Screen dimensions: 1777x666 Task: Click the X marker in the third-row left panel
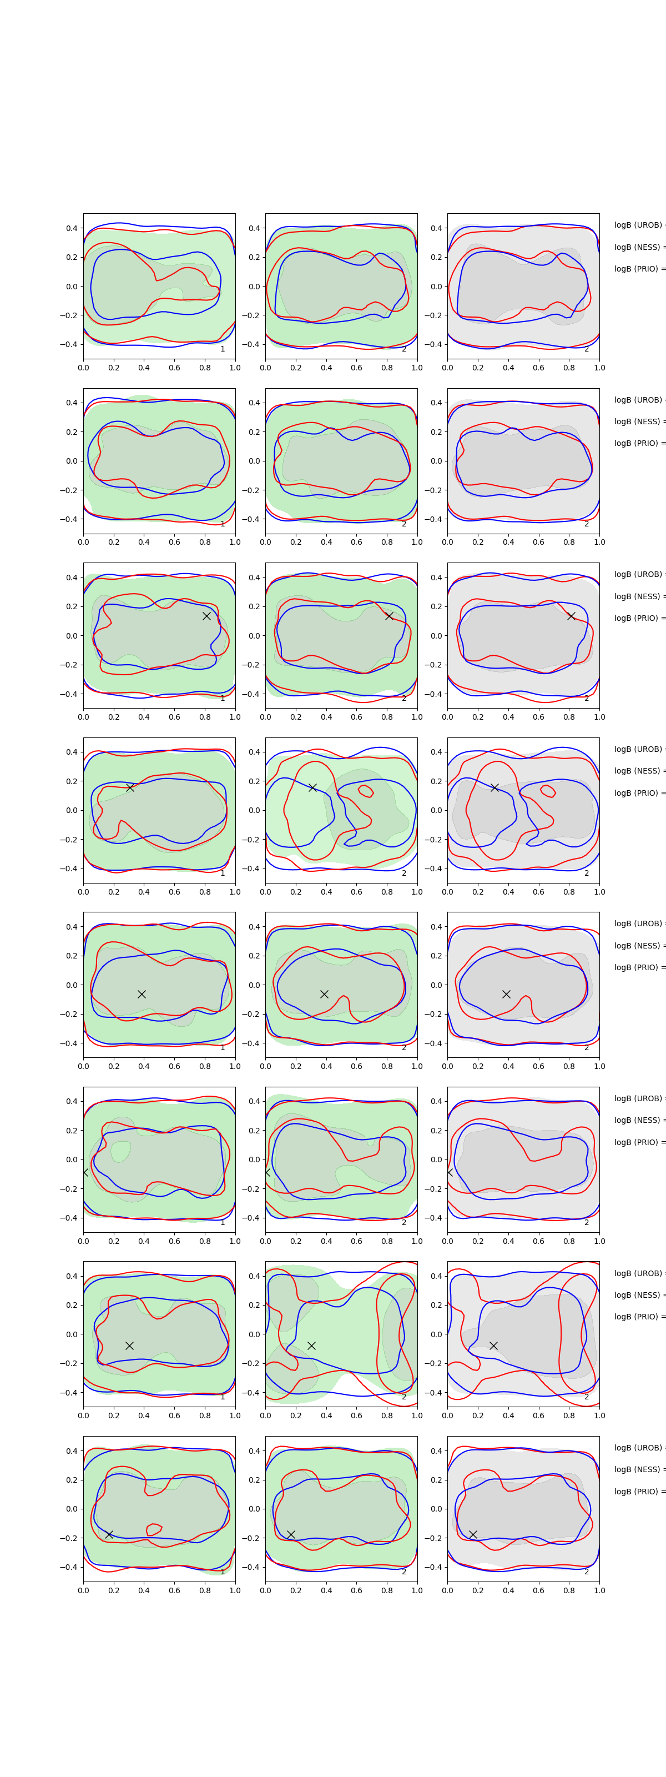click(206, 615)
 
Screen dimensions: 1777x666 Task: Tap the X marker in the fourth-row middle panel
click(312, 787)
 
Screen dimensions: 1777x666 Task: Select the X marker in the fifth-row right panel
click(506, 994)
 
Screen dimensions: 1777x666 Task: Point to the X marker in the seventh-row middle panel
click(311, 1345)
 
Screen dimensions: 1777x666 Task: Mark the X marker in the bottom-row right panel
click(473, 1534)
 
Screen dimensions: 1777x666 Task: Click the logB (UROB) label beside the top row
click(638, 225)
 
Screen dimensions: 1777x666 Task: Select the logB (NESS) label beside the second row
click(638, 421)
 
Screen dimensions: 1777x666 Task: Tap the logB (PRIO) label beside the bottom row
click(638, 1492)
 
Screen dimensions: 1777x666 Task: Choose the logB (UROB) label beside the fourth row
click(638, 749)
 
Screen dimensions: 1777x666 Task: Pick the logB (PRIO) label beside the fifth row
click(638, 967)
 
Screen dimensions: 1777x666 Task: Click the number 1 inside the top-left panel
click(223, 349)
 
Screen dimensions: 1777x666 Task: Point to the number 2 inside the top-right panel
click(587, 349)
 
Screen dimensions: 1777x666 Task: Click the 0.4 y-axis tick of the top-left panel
click(72, 228)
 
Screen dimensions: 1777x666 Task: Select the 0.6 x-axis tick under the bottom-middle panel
click(356, 1590)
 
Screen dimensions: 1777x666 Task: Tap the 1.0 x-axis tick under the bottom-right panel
click(599, 1590)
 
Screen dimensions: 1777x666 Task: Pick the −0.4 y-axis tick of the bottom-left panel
click(69, 1567)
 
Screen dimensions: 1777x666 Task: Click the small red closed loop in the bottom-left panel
click(154, 1529)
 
